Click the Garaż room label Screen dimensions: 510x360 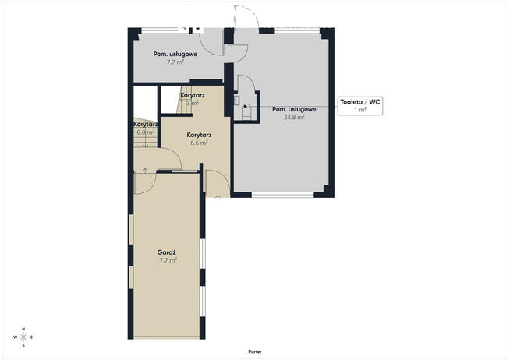pyautogui.click(x=167, y=252)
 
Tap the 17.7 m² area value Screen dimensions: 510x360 pyautogui.click(x=167, y=260)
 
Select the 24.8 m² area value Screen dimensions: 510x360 pyautogui.click(x=294, y=118)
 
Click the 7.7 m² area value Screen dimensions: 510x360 pyautogui.click(x=175, y=62)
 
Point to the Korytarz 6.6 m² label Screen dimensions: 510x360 pyautogui.click(x=199, y=135)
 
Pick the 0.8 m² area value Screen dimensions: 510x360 pyautogui.click(x=145, y=132)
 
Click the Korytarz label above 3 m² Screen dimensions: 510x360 pyautogui.click(x=193, y=96)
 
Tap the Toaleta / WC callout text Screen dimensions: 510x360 pyautogui.click(x=360, y=102)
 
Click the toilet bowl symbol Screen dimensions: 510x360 pyautogui.click(x=247, y=111)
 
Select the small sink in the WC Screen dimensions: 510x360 pyautogui.click(x=236, y=100)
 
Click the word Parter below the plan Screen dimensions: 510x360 pyautogui.click(x=255, y=351)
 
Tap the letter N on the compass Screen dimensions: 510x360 pyautogui.click(x=23, y=329)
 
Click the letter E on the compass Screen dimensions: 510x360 pyautogui.click(x=31, y=337)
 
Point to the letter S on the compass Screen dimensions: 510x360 pyautogui.click(x=23, y=345)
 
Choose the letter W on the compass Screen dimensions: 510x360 pyautogui.click(x=16, y=337)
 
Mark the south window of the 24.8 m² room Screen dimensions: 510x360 pyautogui.click(x=282, y=195)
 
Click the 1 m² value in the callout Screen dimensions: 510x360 pyautogui.click(x=360, y=110)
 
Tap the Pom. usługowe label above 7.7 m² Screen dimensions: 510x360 pyautogui.click(x=175, y=55)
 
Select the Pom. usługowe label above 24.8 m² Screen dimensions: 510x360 pyautogui.click(x=294, y=110)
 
